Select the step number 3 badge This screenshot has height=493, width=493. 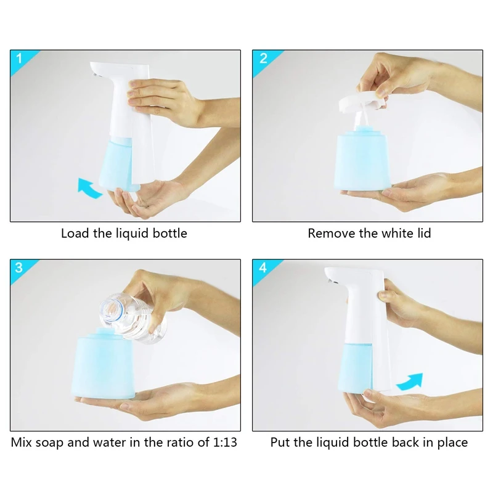point(19,268)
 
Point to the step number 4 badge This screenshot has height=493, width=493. point(263,268)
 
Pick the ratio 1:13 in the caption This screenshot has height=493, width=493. point(225,442)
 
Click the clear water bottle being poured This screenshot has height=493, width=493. point(134,317)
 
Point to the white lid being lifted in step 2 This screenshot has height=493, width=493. point(362,100)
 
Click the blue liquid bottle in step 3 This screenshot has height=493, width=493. point(105,365)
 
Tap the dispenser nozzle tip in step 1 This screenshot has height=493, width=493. point(94,74)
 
